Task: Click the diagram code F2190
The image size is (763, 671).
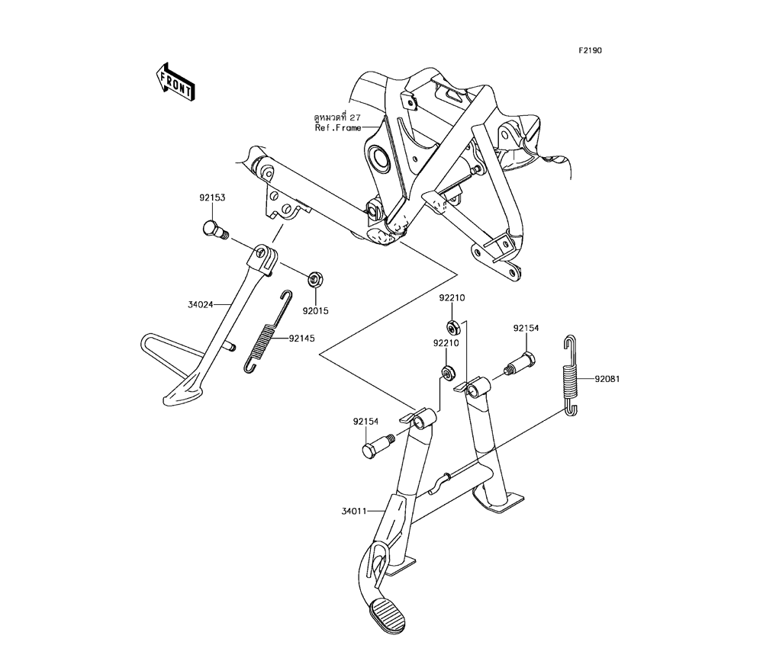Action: point(590,50)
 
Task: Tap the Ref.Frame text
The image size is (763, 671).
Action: point(338,128)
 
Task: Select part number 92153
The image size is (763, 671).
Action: point(212,198)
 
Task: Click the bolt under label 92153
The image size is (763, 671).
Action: point(215,230)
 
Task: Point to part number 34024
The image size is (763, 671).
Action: point(201,305)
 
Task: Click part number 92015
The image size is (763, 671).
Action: point(316,310)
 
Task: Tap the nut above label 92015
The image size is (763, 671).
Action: point(314,280)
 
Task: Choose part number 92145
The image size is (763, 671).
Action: point(301,338)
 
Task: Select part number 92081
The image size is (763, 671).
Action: point(607,379)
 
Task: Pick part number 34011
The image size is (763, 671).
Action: point(354,511)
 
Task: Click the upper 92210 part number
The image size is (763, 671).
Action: point(452,297)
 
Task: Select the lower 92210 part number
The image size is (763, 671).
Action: point(446,343)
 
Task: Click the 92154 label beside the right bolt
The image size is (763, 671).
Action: point(526,328)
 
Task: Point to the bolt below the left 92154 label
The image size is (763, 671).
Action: point(376,446)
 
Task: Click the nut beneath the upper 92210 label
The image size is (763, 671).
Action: point(453,327)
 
